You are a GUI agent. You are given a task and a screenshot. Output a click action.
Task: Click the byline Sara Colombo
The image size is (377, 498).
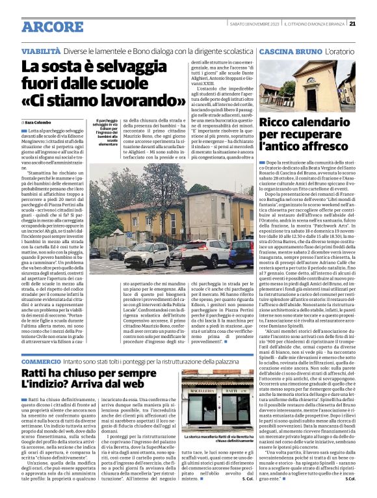click(39, 122)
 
